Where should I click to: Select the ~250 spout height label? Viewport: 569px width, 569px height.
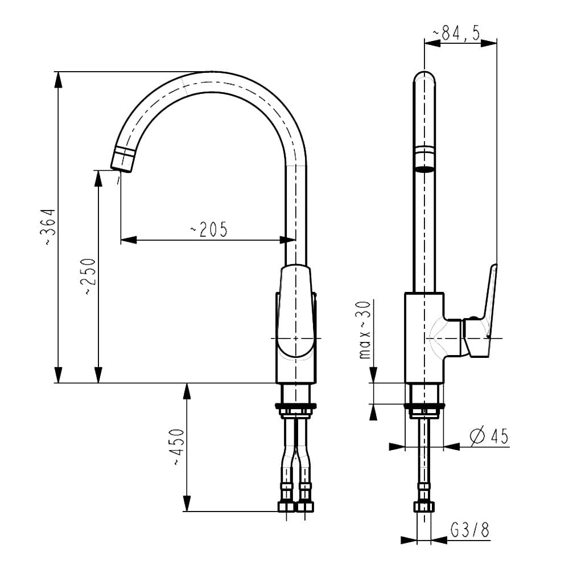(89, 277)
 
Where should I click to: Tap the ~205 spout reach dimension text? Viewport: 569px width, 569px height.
(208, 229)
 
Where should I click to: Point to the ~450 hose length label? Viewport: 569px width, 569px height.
(178, 448)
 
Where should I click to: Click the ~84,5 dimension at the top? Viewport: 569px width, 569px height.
(456, 34)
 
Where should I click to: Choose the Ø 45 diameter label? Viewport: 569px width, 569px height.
(489, 436)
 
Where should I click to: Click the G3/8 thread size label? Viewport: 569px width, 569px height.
(470, 530)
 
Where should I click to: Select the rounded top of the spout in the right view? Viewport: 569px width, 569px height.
(424, 78)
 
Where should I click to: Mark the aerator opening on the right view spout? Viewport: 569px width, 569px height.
(424, 169)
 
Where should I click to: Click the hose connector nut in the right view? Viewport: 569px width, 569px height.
(424, 506)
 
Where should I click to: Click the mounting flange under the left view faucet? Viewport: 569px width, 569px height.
(295, 406)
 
